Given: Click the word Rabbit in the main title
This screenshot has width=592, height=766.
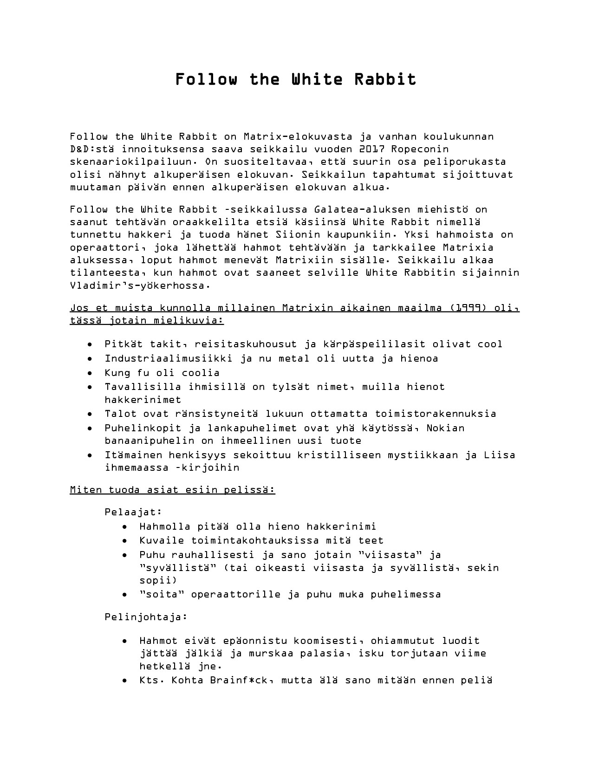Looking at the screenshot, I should (385, 79).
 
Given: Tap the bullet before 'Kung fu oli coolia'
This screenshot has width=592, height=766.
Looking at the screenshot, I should (90, 373).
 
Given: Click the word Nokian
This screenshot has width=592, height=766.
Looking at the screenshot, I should (445, 428).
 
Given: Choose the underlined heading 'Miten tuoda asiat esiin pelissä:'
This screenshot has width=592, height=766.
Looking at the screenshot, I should (172, 490).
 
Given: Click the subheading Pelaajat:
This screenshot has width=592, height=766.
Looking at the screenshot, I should (133, 512).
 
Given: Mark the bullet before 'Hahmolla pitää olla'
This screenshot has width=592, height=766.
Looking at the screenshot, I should (125, 527).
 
